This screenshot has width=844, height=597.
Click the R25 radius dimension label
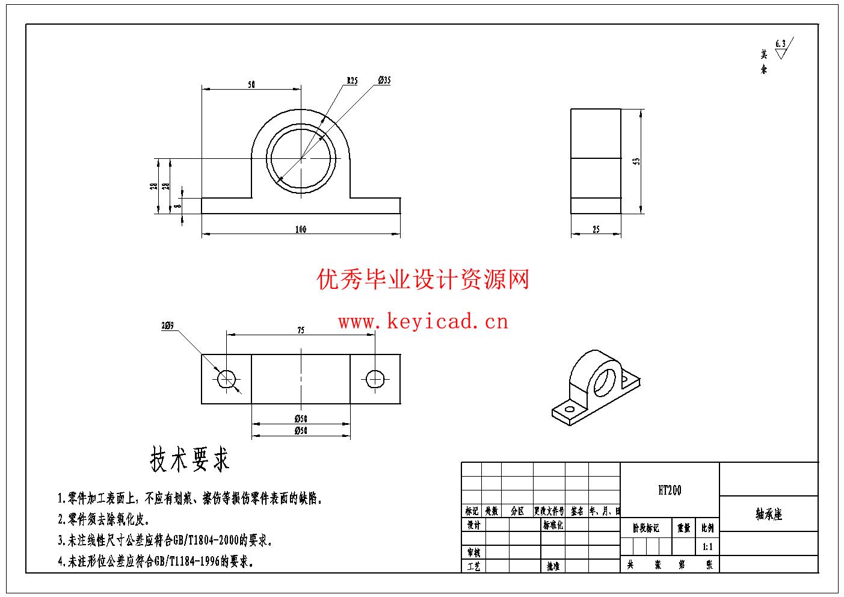click(x=352, y=80)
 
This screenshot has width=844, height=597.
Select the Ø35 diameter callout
click(x=384, y=80)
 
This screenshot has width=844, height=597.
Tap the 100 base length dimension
click(x=301, y=229)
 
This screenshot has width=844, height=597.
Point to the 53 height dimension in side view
click(x=636, y=161)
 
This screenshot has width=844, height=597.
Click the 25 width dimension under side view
click(x=596, y=229)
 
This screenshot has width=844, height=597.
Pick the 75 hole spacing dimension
click(x=301, y=330)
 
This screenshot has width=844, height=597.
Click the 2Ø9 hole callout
click(x=167, y=326)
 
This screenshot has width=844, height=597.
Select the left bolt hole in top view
click(x=227, y=379)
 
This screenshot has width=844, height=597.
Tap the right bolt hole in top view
click(x=375, y=379)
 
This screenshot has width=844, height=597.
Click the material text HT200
click(x=670, y=490)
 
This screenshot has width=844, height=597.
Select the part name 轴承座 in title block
click(x=769, y=515)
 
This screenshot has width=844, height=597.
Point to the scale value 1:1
click(x=707, y=547)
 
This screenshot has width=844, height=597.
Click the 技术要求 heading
click(x=189, y=460)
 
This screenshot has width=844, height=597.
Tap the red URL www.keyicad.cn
click(x=423, y=322)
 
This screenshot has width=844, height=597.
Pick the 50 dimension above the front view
click(x=251, y=85)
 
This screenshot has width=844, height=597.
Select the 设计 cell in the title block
click(x=473, y=525)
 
